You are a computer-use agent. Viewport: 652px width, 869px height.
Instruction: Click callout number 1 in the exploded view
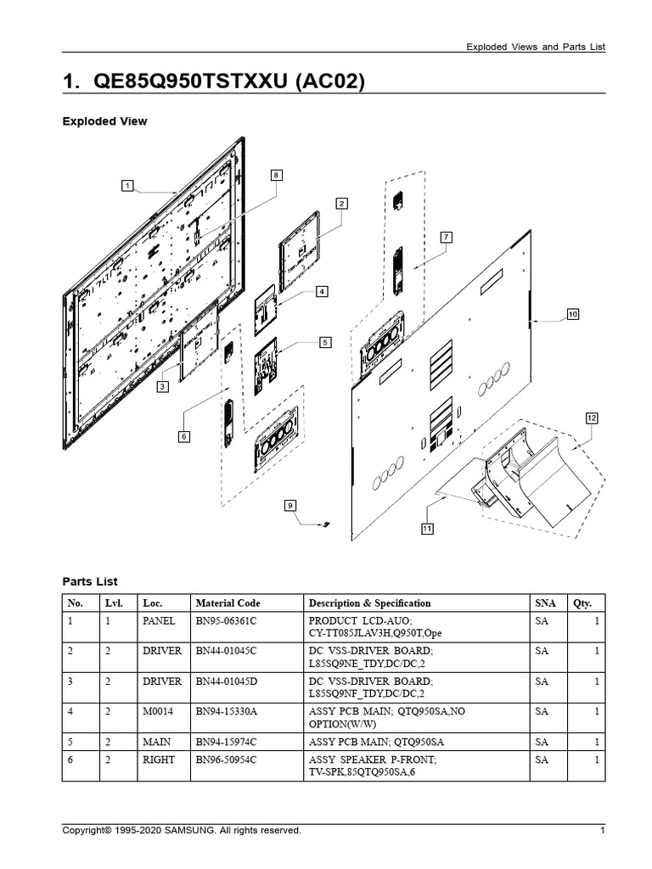(x=126, y=185)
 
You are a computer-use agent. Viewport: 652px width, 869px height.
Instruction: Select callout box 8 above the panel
(x=276, y=175)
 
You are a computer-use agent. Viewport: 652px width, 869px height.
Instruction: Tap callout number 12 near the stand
(x=592, y=418)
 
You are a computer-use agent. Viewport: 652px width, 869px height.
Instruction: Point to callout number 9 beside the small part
(x=290, y=506)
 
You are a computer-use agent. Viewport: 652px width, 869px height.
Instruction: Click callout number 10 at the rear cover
(x=572, y=314)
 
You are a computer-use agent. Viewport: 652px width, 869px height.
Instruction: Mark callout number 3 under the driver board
(x=161, y=386)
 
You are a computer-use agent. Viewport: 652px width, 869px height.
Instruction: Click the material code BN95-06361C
(x=226, y=620)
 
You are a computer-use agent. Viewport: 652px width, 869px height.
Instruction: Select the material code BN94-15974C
(x=226, y=741)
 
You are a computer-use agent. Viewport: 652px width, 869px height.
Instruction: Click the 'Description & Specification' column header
(x=369, y=603)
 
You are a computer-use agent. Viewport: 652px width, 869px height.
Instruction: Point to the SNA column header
(x=546, y=603)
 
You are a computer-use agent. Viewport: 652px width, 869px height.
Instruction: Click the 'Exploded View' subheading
(x=104, y=121)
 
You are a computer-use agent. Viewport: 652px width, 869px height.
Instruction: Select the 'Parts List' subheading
(x=90, y=581)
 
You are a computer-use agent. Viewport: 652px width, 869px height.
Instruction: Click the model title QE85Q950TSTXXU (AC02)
(x=215, y=81)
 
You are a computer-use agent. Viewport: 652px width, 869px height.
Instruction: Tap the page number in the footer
(x=602, y=831)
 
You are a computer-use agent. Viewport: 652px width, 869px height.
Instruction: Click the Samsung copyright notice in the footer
(x=182, y=831)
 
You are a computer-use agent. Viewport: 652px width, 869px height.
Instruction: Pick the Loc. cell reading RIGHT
(x=158, y=760)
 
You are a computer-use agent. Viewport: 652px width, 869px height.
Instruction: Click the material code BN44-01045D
(x=226, y=681)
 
